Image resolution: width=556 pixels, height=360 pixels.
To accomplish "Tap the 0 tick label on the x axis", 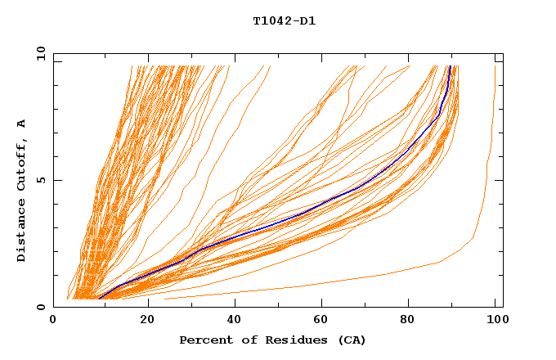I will click(x=53, y=321).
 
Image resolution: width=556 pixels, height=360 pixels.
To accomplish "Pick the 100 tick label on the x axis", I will click(x=495, y=321).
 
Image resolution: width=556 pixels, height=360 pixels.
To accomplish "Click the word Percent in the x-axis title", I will click(x=202, y=340).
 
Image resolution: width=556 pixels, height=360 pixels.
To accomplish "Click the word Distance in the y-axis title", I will click(x=22, y=234).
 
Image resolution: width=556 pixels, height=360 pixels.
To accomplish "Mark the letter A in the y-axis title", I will click(x=22, y=124).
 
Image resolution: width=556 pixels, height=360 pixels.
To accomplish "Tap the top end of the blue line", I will click(x=450, y=66).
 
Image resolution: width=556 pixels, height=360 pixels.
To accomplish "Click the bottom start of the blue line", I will click(x=99, y=299).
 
